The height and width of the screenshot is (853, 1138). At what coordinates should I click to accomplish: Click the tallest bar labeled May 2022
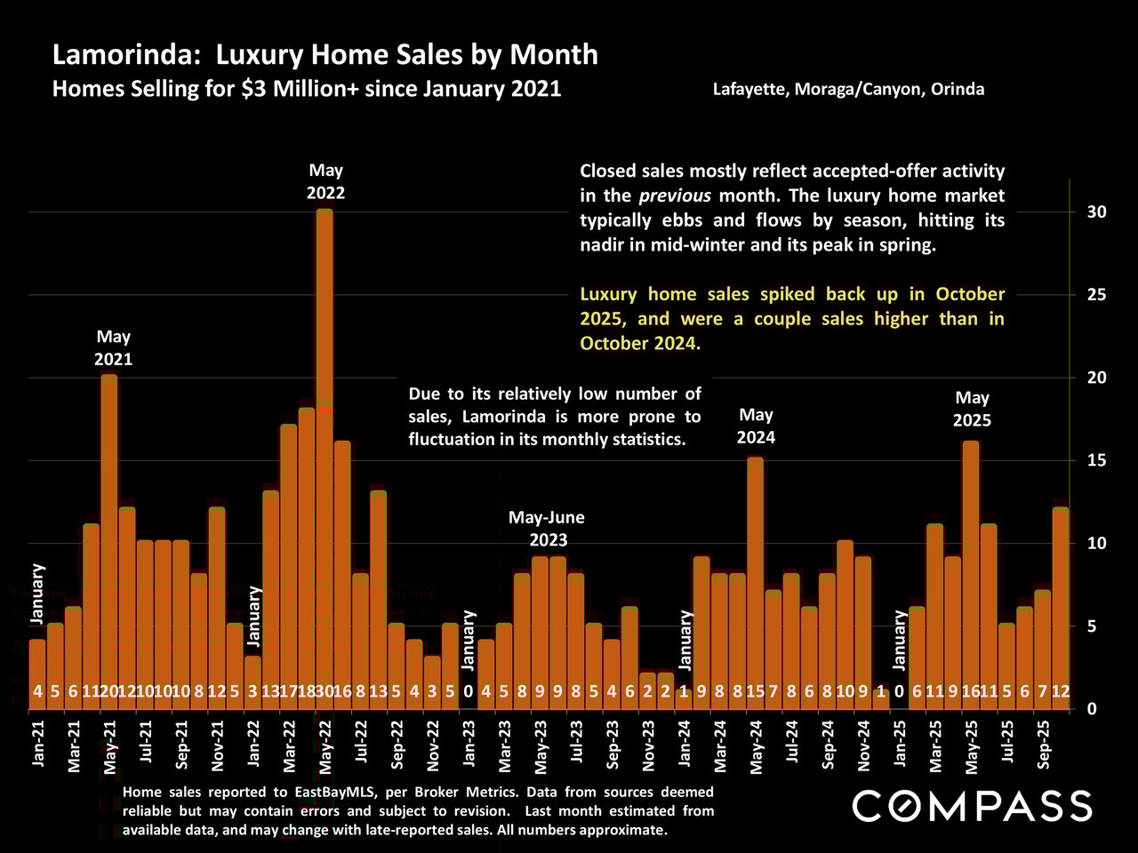point(325,444)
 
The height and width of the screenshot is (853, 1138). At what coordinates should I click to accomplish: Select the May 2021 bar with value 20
point(108,533)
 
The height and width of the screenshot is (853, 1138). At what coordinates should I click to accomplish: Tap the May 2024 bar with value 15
point(756,578)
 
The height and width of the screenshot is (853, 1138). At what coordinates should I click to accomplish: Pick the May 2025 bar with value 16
point(971,569)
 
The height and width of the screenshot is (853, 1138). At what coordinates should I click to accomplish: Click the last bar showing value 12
point(1061,604)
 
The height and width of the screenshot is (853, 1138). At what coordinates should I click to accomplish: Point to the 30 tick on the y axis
point(1095,212)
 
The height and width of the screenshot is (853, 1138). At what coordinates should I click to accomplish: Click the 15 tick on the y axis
point(1095,460)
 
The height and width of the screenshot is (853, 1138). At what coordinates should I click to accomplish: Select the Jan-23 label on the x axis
point(469,741)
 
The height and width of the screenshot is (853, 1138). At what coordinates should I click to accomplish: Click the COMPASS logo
point(972,806)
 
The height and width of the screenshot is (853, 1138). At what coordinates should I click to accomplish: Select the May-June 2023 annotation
point(546,529)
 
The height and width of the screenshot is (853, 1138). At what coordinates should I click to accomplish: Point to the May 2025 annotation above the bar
point(972,409)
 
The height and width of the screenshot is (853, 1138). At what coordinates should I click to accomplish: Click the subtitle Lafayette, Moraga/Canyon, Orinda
point(848,89)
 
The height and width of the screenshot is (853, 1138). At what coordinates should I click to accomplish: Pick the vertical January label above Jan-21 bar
point(37,593)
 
